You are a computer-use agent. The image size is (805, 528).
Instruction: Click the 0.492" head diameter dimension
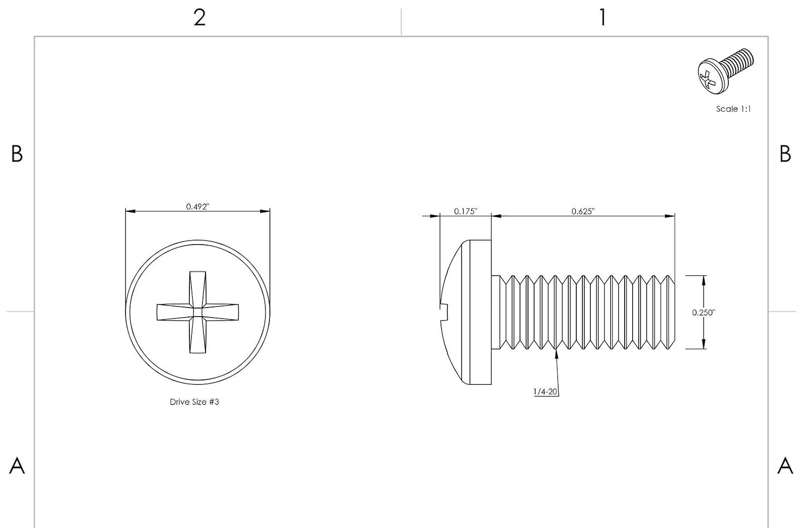(x=197, y=207)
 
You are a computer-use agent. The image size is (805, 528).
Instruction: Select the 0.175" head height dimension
(x=465, y=211)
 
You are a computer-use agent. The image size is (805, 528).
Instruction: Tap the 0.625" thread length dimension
(x=583, y=211)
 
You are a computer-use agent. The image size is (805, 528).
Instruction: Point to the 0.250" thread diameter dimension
(x=704, y=313)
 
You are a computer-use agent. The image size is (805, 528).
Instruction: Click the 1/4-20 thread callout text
(x=545, y=392)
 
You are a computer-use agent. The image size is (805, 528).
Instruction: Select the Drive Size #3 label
(x=194, y=402)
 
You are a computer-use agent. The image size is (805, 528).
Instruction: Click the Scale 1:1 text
(x=734, y=109)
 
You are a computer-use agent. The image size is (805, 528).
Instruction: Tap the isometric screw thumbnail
(x=726, y=71)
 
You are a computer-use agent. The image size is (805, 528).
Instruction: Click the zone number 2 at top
(x=200, y=18)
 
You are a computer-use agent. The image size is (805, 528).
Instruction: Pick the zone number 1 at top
(x=603, y=18)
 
